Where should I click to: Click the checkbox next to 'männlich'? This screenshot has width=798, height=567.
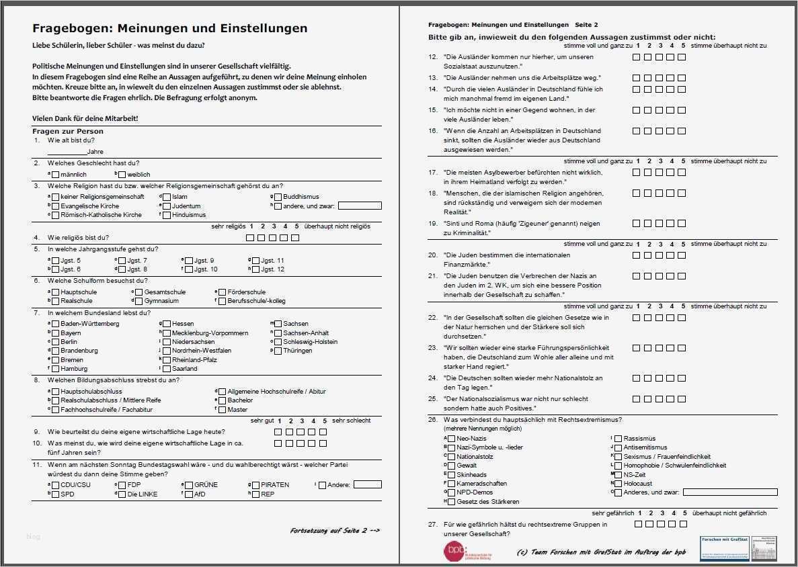pos(55,175)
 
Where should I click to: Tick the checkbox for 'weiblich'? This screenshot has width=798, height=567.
pos(122,175)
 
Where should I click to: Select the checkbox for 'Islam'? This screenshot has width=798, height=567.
pos(166,197)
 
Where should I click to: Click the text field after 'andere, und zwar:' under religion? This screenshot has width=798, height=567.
pos(360,206)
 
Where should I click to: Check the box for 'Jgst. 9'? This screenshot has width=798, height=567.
pos(188,261)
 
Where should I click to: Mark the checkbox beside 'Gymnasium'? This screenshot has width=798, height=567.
pos(138,302)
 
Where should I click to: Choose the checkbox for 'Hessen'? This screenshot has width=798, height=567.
pos(167,324)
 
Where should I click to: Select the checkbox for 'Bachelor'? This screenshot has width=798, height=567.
pos(222,400)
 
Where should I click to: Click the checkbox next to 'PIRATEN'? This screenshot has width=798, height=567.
pos(255,485)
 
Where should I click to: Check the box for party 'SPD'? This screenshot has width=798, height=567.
pos(55,494)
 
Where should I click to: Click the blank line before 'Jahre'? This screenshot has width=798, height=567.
pos(67,152)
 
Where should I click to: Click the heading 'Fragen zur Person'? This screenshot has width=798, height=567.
pos(68,131)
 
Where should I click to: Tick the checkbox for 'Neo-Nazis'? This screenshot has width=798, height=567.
pos(451,439)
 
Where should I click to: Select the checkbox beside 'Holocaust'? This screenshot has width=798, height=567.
pos(618,484)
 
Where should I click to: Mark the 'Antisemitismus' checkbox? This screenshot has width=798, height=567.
pos(618,447)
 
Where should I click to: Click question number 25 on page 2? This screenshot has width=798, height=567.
pos(433,399)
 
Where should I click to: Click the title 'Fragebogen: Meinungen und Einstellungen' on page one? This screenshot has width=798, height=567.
pos(170,28)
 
